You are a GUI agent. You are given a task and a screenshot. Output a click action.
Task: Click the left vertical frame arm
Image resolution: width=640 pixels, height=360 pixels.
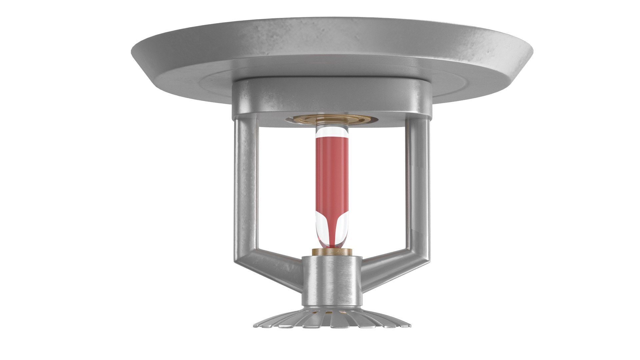pyautogui.click(x=246, y=183)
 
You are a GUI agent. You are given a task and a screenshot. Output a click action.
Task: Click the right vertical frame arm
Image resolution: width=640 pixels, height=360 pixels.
pyautogui.click(x=417, y=183)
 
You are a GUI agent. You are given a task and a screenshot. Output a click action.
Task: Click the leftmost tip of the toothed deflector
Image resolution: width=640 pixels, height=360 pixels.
pyautogui.click(x=254, y=326)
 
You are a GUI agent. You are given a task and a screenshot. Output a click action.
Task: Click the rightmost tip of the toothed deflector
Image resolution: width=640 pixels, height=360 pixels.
pyautogui.click(x=410, y=326)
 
